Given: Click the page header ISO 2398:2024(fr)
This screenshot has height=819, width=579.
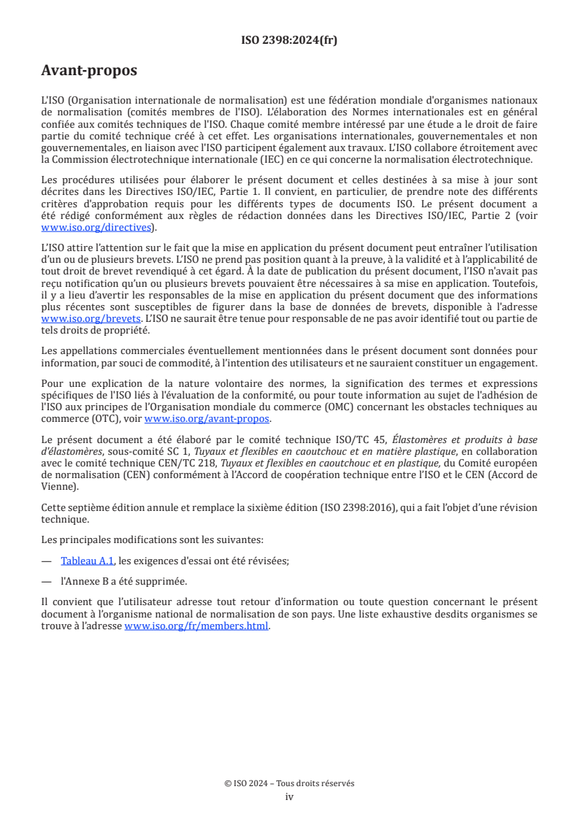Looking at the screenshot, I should click(x=289, y=40).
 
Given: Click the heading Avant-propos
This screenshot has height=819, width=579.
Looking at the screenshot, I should click(x=88, y=72).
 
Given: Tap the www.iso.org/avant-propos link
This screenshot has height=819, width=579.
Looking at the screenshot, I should click(x=207, y=418).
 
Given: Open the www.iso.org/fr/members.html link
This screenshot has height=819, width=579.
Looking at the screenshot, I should click(x=196, y=626).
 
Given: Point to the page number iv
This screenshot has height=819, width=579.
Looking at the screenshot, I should click(x=289, y=796).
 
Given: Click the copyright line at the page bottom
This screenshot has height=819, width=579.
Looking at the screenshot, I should click(x=289, y=783).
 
